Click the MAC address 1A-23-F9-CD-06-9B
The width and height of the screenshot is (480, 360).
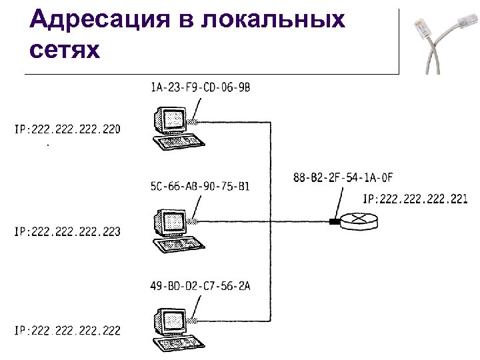200,87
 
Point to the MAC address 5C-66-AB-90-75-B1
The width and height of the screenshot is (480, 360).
200,186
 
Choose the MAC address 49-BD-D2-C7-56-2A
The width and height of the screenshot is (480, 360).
200,286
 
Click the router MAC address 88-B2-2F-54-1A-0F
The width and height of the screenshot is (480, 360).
343,177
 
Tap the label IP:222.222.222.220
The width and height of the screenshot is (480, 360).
67,129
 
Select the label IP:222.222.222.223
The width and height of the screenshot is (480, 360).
67,231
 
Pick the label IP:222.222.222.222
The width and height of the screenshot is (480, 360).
67,331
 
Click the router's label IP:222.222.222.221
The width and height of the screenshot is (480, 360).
415,198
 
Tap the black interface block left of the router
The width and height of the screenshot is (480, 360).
333,221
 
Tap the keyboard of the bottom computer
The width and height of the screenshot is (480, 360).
177,343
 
